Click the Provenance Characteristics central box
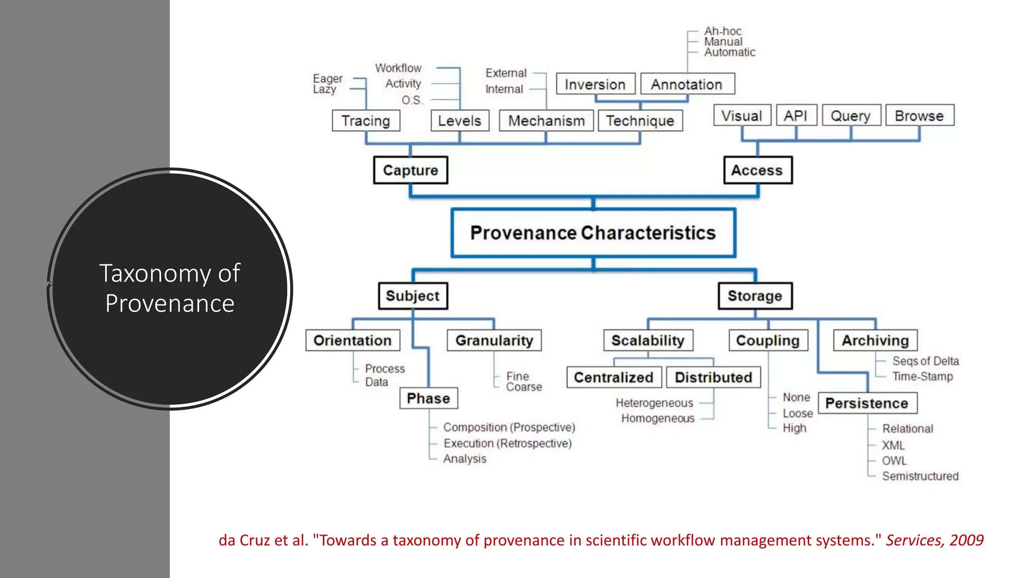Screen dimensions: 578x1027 tap(593, 233)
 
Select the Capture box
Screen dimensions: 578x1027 tap(410, 170)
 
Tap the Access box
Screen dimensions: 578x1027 tap(757, 170)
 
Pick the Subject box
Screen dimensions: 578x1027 tap(413, 296)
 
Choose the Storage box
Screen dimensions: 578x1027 tap(755, 296)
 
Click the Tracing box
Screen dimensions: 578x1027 tap(366, 121)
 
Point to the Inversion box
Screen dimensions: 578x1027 tap(595, 84)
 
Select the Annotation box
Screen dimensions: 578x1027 tap(687, 84)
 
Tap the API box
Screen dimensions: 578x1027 tap(796, 115)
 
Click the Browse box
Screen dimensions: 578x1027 tap(919, 115)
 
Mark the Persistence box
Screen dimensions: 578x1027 tap(867, 403)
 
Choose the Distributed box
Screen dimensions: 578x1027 tap(713, 377)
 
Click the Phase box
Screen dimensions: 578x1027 tap(428, 398)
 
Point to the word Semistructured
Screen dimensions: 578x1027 tap(920, 476)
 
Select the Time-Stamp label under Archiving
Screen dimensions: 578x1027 tap(923, 376)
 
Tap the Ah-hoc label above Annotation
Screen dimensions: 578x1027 tap(723, 31)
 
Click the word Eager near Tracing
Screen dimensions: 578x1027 tap(328, 79)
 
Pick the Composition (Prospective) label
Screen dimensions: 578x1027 tap(509, 427)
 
